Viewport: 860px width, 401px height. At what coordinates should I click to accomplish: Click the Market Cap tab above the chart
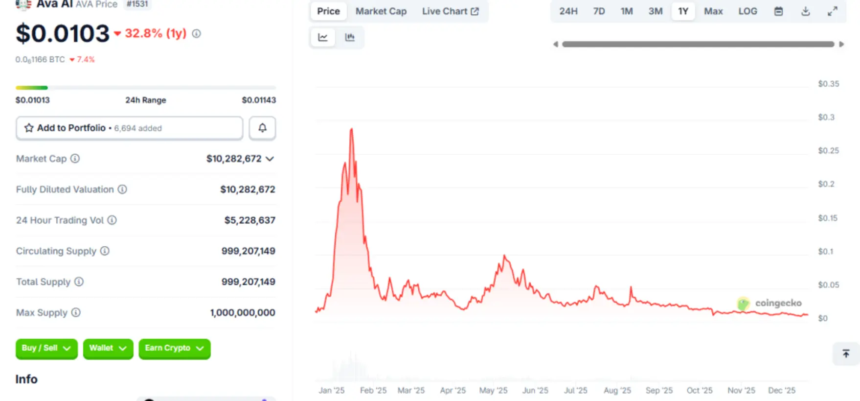point(381,11)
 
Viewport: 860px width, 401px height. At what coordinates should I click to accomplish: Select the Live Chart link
point(450,11)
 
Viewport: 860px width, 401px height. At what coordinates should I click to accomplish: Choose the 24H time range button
point(568,11)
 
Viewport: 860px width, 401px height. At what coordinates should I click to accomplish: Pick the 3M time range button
point(655,11)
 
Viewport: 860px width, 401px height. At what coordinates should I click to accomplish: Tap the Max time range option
point(713,11)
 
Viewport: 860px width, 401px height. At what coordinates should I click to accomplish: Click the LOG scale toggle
point(747,11)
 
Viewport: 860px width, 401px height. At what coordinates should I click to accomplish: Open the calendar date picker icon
point(778,11)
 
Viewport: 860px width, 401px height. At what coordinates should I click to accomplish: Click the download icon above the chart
point(805,11)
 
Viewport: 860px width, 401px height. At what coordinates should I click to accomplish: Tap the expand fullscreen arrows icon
point(832,11)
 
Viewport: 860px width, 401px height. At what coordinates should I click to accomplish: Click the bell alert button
point(262,128)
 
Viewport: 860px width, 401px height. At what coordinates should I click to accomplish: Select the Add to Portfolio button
point(129,128)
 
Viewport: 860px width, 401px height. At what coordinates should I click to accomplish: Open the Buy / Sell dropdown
point(46,348)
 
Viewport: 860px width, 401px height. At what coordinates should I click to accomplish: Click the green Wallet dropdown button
point(108,348)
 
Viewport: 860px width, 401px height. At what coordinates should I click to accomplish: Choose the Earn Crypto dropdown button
point(174,348)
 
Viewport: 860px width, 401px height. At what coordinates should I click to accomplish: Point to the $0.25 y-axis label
point(828,151)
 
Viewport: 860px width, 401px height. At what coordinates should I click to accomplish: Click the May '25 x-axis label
point(493,390)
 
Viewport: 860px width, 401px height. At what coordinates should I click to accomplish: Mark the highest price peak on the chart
point(351,129)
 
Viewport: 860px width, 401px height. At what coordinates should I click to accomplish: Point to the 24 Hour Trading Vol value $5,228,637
point(249,220)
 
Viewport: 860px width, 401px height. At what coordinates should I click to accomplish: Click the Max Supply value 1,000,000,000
point(242,312)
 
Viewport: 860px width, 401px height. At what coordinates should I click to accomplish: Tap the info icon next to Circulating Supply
point(105,251)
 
